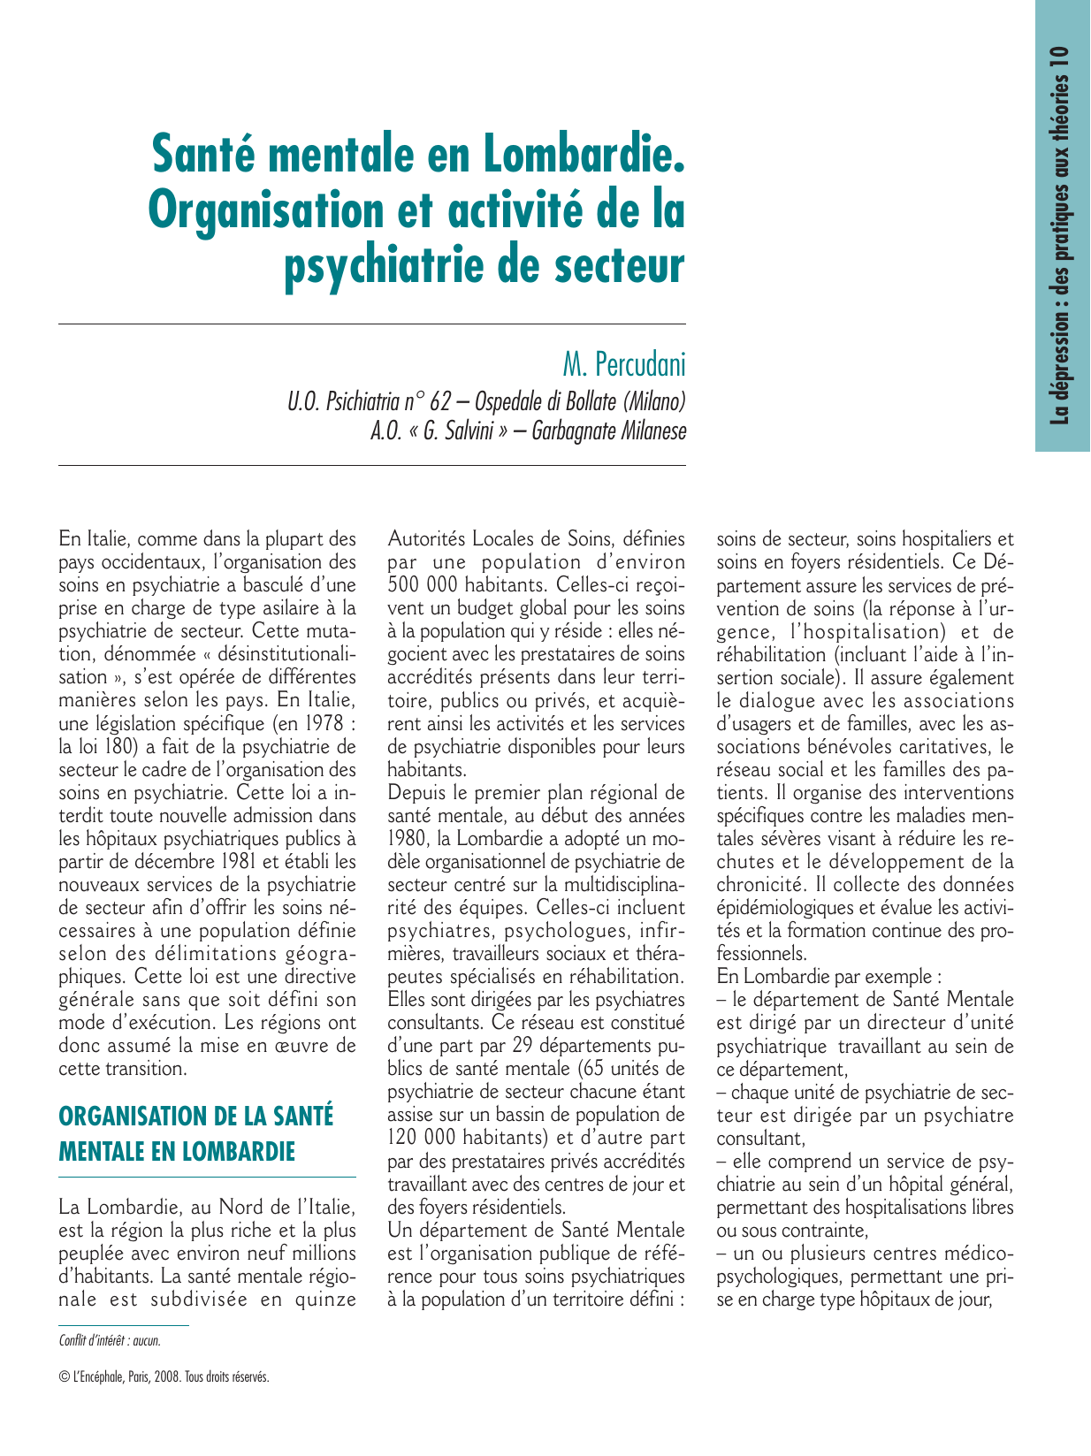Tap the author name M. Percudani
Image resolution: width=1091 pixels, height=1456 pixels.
623,363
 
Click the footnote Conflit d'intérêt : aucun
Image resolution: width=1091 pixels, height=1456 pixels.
110,1340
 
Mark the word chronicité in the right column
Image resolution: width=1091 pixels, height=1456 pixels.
759,884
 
